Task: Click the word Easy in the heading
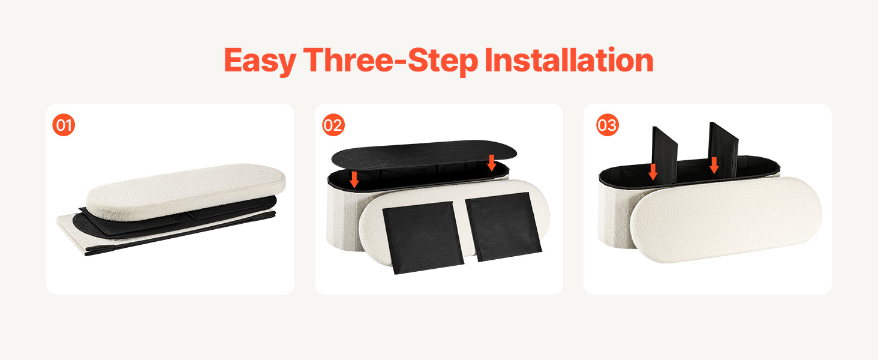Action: pyautogui.click(x=260, y=61)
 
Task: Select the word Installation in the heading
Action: pyautogui.click(x=569, y=60)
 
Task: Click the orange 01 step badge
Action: pyautogui.click(x=64, y=125)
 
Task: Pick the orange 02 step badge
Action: pyautogui.click(x=333, y=125)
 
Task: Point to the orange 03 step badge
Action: pyautogui.click(x=607, y=125)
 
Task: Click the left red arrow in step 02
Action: pyautogui.click(x=354, y=179)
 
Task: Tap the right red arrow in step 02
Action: pyautogui.click(x=492, y=163)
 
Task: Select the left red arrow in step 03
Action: pyautogui.click(x=653, y=172)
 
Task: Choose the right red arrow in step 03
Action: pyautogui.click(x=714, y=165)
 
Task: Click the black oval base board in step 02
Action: pyautogui.click(x=424, y=155)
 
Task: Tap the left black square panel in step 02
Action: pyautogui.click(x=423, y=238)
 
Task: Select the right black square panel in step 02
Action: pyautogui.click(x=503, y=226)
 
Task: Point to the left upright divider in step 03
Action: pyautogui.click(x=664, y=155)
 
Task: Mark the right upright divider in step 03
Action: pyautogui.click(x=723, y=149)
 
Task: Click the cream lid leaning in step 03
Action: pyautogui.click(x=726, y=220)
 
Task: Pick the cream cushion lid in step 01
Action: pyautogui.click(x=186, y=192)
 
